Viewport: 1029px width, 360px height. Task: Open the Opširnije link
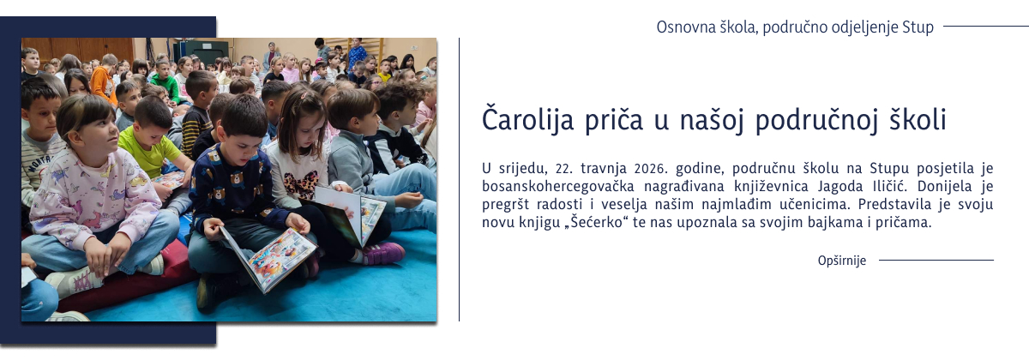click(x=841, y=261)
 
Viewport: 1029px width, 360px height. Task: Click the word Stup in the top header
click(x=918, y=27)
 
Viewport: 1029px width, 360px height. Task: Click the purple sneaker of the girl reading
click(x=383, y=252)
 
